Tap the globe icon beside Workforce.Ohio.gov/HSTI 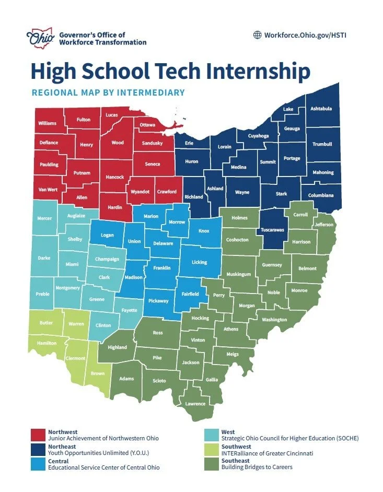tap(257, 35)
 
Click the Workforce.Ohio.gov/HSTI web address tap(305, 35)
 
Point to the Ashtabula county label tap(321, 109)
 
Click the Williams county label tap(47, 123)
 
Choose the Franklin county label tap(162, 268)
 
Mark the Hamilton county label tap(46, 343)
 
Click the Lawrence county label tap(195, 403)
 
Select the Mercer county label tap(44, 218)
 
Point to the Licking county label tap(199, 262)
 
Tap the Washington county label tap(274, 320)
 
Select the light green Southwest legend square tap(212, 450)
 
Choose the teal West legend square tap(212, 435)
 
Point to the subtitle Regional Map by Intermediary tap(108, 93)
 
